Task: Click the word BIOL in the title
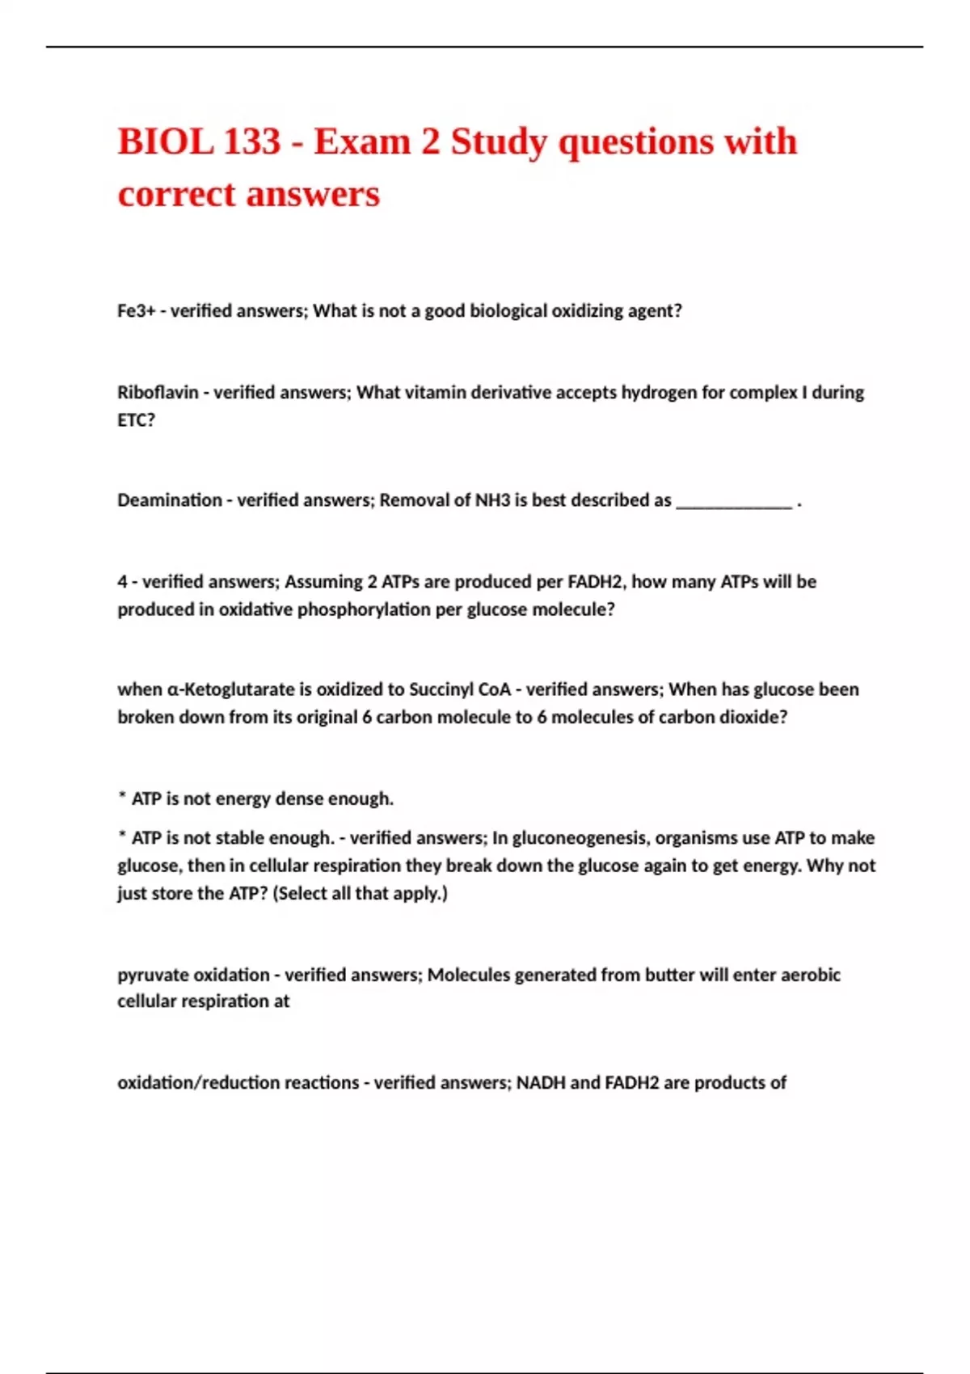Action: [x=164, y=142]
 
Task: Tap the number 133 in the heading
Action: [x=251, y=142]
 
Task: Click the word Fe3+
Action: [x=136, y=311]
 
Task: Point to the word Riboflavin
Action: [x=158, y=393]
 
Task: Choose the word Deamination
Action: [x=169, y=500]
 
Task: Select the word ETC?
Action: [x=136, y=420]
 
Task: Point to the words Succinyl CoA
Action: [x=460, y=689]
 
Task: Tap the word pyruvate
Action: [x=152, y=975]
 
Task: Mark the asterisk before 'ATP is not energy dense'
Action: [x=122, y=797]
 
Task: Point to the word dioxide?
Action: [x=753, y=717]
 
